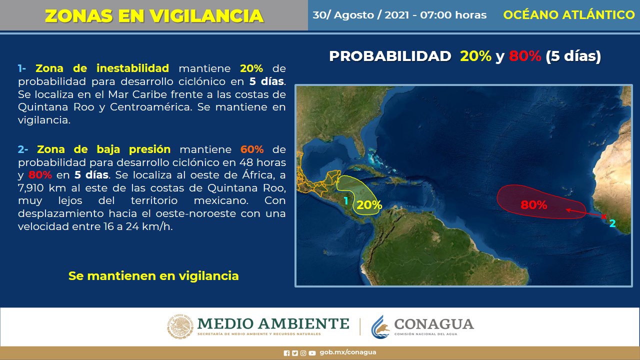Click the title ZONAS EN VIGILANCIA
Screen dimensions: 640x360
[154, 16]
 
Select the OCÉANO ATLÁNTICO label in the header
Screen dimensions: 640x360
[569, 14]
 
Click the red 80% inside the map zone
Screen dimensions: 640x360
[533, 205]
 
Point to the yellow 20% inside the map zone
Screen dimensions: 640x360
[369, 205]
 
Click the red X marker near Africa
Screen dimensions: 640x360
[603, 216]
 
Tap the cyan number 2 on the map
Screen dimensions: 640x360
[612, 223]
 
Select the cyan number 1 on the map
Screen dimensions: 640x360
[346, 201]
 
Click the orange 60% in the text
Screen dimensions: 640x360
[252, 149]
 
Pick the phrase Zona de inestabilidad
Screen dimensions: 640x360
[102, 68]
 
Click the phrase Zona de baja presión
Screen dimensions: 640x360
[103, 149]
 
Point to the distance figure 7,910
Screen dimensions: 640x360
[30, 188]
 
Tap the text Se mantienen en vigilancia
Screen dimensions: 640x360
[153, 276]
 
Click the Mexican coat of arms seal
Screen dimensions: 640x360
[180, 326]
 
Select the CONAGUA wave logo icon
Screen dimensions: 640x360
[380, 327]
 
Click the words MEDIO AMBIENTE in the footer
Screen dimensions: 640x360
[273, 323]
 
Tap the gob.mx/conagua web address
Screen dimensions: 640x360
[347, 352]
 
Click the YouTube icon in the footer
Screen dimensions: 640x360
[312, 353]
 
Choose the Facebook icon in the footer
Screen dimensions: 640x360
[286, 353]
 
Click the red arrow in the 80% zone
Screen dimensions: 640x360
[584, 213]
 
